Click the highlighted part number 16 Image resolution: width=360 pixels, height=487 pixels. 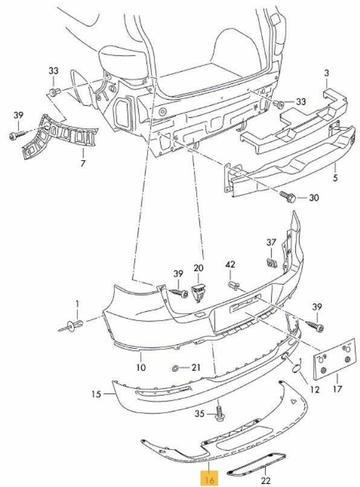pos(210,480)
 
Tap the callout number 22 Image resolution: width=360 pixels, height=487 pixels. pos(266,480)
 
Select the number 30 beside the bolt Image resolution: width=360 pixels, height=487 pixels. pos(313,198)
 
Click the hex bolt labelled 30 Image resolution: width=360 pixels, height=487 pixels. pos(288,197)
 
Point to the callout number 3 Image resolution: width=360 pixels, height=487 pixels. pos(326,74)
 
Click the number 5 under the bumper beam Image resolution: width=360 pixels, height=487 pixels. pos(335,178)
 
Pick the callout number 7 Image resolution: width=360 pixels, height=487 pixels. pos(83,163)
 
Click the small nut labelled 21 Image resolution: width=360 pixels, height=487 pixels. pos(175,369)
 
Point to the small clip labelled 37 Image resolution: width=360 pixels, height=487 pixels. pos(272,263)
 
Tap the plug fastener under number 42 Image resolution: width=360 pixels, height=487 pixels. pos(234,285)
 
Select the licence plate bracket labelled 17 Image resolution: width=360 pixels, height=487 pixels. pos(335,360)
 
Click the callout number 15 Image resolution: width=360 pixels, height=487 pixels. pos(96,394)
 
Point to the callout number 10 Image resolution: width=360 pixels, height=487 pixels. pos(141,367)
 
